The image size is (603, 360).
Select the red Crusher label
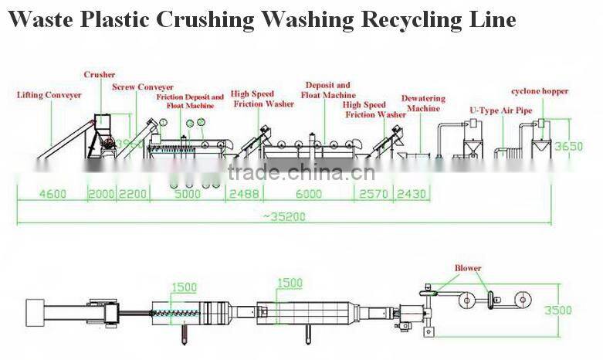click(100, 75)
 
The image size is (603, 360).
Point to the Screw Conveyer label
click(143, 87)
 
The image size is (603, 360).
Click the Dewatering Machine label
click(423, 104)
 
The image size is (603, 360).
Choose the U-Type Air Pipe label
click(501, 110)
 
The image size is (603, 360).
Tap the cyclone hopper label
click(540, 91)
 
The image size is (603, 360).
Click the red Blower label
click(467, 268)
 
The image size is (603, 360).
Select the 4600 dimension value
click(53, 195)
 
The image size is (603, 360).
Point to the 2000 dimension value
click(100, 195)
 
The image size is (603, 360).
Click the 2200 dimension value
click(131, 195)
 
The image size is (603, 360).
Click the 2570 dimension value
click(373, 195)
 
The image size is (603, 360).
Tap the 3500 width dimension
click(580, 311)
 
